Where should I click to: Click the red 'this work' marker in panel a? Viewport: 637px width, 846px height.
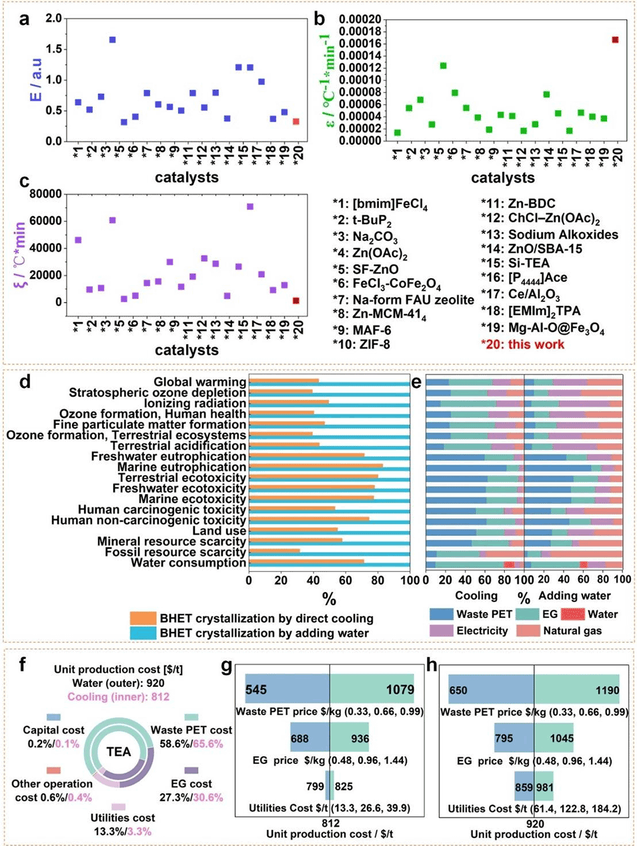point(296,121)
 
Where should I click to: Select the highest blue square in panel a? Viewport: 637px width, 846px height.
point(113,40)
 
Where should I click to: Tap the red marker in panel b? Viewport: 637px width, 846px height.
point(615,40)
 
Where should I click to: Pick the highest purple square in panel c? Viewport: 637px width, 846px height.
point(250,207)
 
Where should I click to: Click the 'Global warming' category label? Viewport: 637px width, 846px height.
point(199,382)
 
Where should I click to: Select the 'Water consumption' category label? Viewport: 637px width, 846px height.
point(188,563)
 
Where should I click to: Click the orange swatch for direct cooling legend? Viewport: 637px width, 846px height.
point(143,618)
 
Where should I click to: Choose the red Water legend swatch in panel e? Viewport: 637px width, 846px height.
point(572,614)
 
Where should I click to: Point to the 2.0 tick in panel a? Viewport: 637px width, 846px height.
point(53,18)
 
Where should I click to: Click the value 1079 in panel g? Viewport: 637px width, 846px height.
point(400,690)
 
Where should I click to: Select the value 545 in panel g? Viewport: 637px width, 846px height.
point(256,690)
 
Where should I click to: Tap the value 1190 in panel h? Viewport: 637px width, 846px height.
point(607,691)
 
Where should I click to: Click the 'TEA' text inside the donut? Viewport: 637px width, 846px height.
point(119,752)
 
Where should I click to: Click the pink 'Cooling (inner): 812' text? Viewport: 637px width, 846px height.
point(119,697)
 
